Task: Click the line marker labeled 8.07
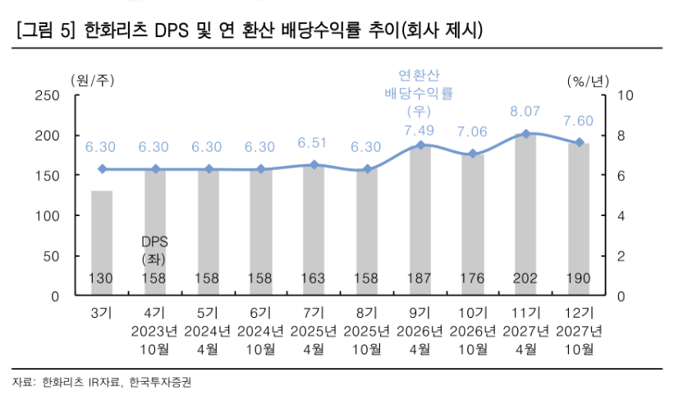525,133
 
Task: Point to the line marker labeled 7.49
420,145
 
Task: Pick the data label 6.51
313,143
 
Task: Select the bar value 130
102,278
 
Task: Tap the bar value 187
420,278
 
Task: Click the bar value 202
525,278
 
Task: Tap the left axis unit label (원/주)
93,80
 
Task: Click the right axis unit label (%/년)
586,80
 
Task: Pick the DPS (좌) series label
154,251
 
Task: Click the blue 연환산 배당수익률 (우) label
419,93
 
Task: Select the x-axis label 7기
313,313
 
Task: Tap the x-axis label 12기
578,313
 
